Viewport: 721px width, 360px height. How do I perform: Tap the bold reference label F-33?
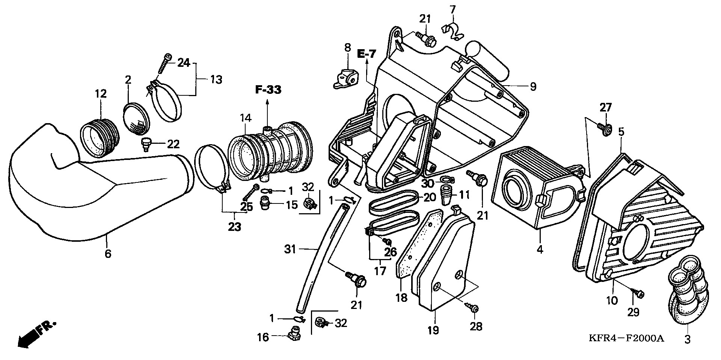click(268, 90)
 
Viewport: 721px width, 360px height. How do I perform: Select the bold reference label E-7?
click(366, 54)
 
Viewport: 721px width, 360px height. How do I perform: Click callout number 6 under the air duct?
click(108, 254)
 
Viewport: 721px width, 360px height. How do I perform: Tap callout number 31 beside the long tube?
click(290, 249)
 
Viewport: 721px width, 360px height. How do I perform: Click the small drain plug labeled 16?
click(295, 332)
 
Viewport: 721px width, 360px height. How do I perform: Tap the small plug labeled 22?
click(146, 143)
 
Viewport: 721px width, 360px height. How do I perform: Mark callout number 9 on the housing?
click(533, 87)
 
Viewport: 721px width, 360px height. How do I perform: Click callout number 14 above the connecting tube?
click(246, 118)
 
